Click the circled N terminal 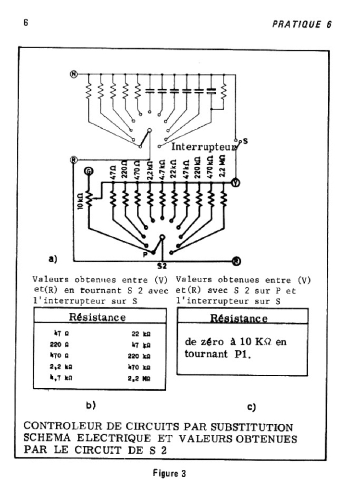tap(74, 74)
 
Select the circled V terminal tap(236, 183)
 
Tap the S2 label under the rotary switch tap(162, 265)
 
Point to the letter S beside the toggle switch tap(245, 141)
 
